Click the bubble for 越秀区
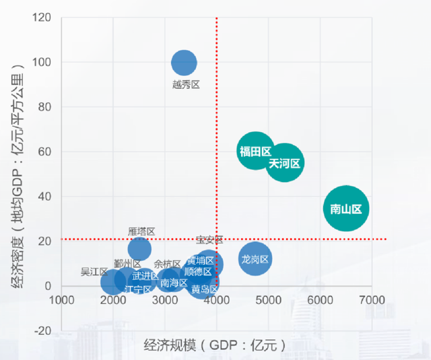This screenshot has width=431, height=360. pos(184,63)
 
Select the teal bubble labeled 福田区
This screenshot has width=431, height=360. pos(255,151)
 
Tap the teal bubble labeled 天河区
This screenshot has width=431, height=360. pos(284,163)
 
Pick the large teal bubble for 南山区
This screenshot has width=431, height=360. pos(346,209)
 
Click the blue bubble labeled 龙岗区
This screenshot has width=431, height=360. pos(255,259)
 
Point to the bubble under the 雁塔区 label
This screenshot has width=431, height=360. pos(139,248)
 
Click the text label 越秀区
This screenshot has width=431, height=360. pos(186,85)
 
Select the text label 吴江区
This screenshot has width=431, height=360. pos(94,272)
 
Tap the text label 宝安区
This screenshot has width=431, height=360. pos(209,240)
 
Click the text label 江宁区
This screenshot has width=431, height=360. pos(139,290)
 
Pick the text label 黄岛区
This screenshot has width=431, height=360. pos(204,290)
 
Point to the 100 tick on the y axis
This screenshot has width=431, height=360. pos(44,62)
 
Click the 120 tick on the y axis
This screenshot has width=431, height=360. pos(44,18)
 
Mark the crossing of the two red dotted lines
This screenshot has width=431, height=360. pos(216,239)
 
